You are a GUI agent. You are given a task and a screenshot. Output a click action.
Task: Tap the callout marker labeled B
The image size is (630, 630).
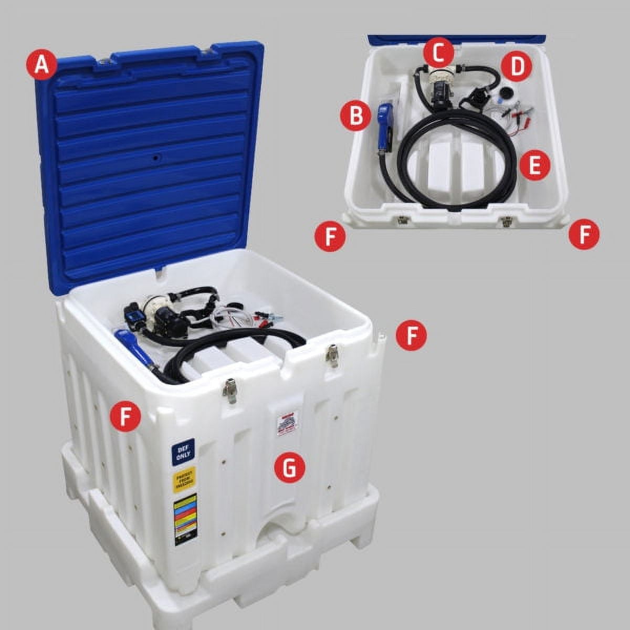tap(356, 115)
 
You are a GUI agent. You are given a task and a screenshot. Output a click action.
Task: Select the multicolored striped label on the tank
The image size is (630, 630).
tap(185, 518)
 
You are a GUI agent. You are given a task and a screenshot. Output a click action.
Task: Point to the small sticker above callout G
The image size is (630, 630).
tap(288, 422)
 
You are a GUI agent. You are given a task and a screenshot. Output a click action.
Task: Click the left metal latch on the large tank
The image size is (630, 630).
tap(229, 390)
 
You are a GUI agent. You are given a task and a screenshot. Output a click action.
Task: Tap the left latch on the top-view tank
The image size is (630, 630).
tap(403, 219)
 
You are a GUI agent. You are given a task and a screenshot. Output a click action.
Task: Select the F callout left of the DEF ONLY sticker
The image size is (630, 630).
tap(126, 416)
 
